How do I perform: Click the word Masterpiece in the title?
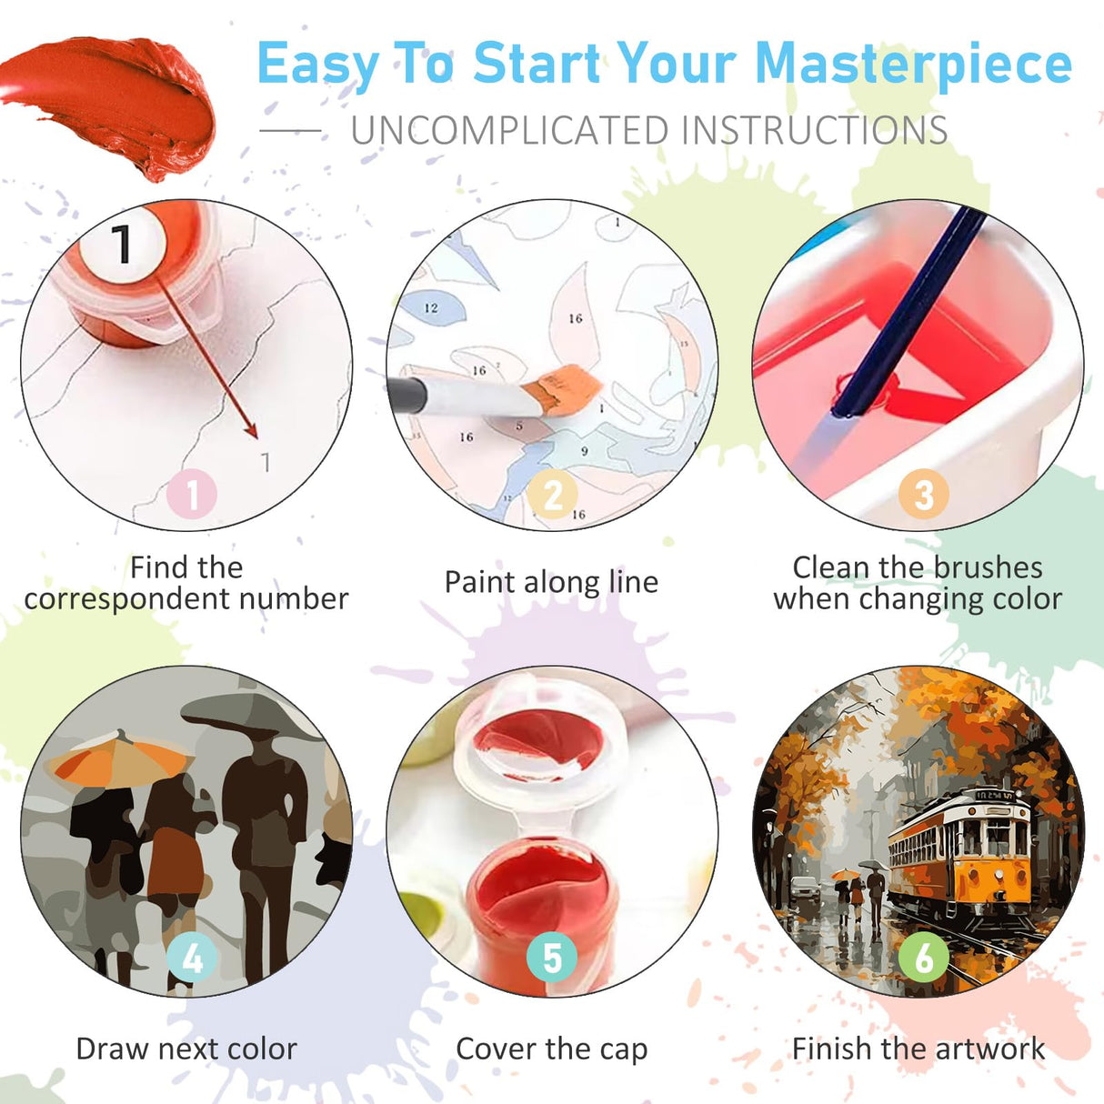pyautogui.click(x=913, y=65)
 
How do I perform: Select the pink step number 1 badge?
pyautogui.click(x=192, y=495)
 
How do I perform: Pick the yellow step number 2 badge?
pyautogui.click(x=553, y=495)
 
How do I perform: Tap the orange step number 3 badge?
pyautogui.click(x=923, y=495)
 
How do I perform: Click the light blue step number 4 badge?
pyautogui.click(x=192, y=958)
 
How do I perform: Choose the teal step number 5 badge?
pyautogui.click(x=552, y=958)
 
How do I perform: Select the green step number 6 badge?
pyautogui.click(x=923, y=958)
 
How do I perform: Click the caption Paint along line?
pyautogui.click(x=551, y=582)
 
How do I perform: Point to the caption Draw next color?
pyautogui.click(x=186, y=1049)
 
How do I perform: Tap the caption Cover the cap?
pyautogui.click(x=551, y=1049)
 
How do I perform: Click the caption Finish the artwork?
pyautogui.click(x=918, y=1049)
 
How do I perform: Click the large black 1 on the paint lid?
pyautogui.click(x=122, y=243)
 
